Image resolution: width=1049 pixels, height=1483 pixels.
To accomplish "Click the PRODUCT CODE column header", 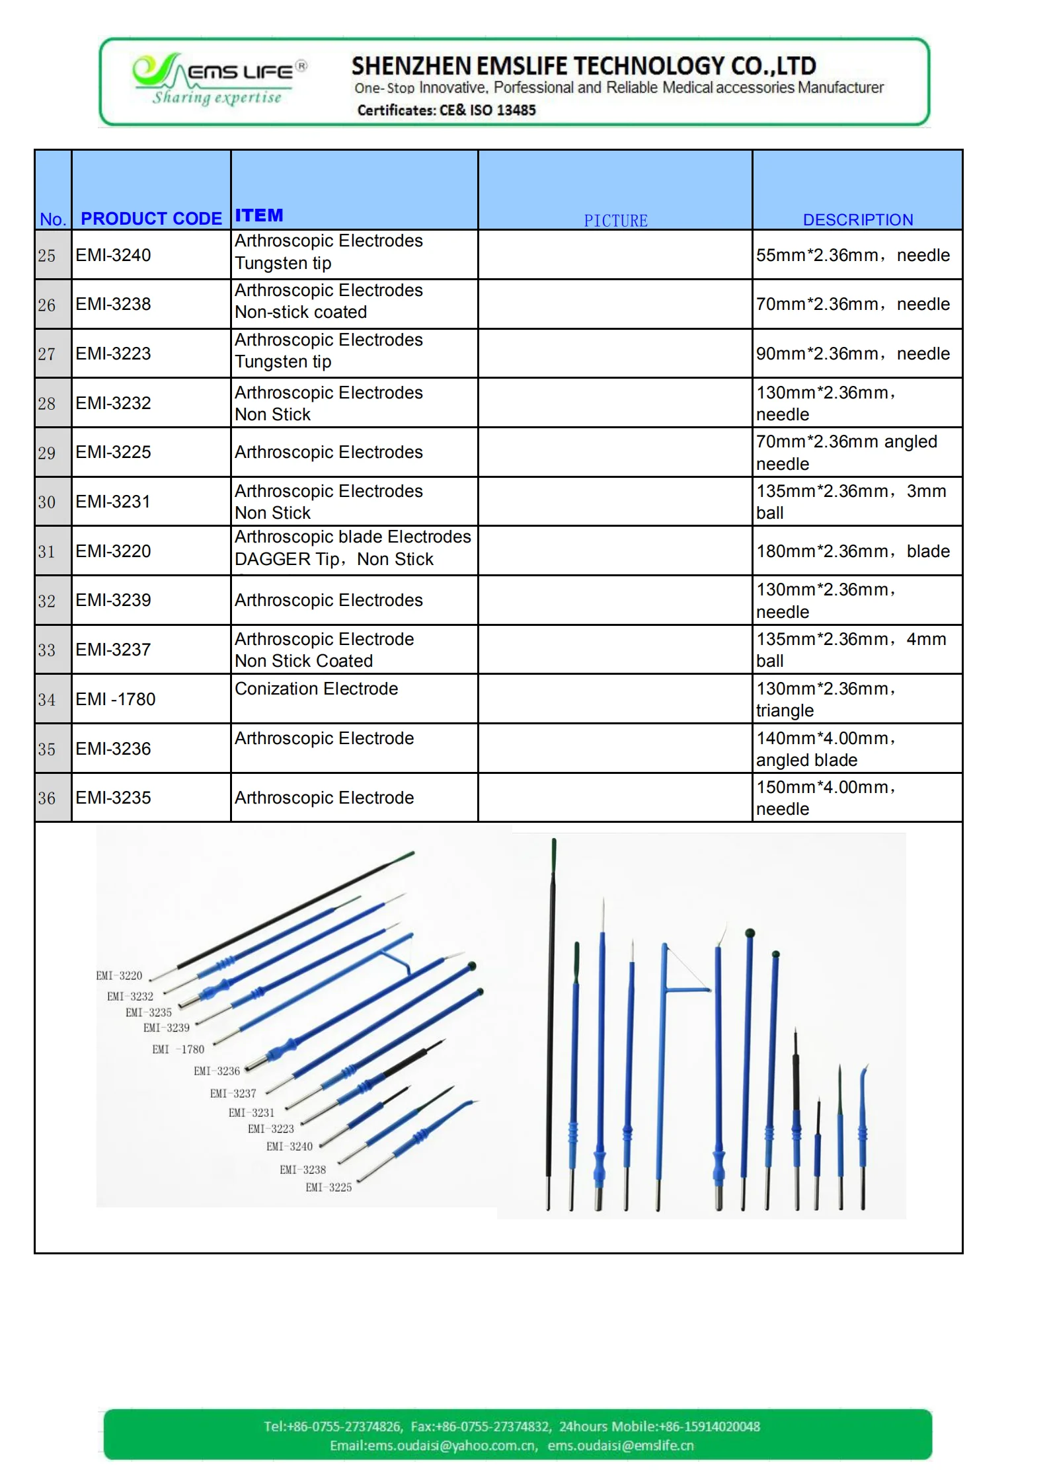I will (151, 219).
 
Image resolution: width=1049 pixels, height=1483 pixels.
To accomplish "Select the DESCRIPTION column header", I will (857, 220).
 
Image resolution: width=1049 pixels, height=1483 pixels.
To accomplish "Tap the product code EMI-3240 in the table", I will (113, 255).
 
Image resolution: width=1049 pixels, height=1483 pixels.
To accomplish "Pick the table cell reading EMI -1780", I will (116, 699).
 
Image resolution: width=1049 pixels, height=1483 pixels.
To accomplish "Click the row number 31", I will (47, 551).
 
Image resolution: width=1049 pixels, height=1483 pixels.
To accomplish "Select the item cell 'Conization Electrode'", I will (316, 689).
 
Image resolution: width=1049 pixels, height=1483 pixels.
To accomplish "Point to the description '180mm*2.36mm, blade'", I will (853, 551).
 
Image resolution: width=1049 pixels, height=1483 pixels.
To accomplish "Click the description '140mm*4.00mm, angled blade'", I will (826, 749).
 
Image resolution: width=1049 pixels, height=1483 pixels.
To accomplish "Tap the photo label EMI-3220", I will (119, 975).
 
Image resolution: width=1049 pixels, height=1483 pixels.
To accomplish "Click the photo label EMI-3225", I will (329, 1187).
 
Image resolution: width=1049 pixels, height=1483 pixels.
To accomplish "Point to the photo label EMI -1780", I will (178, 1049).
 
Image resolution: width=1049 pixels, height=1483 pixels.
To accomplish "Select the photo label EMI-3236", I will (217, 1071).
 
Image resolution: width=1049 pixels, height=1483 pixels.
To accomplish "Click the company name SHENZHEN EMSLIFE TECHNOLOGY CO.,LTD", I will (583, 66).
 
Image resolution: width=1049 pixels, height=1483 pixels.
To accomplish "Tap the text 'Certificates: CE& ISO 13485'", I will (446, 110).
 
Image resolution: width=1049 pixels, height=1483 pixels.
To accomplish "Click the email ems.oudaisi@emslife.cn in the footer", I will (621, 1445).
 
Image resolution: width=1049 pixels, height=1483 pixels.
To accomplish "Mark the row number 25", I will (47, 255).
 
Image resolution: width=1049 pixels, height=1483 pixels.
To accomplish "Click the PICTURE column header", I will (615, 221).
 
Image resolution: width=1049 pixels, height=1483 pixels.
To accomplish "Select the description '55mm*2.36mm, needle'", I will (853, 255).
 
